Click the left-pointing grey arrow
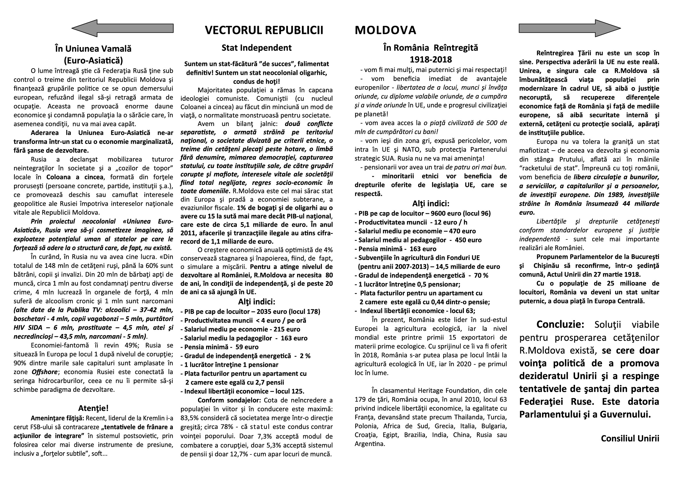(123, 28)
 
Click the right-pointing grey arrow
(570, 28)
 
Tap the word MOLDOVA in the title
(385, 30)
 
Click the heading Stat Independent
(256, 48)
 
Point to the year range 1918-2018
(431, 60)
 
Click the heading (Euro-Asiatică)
(93, 60)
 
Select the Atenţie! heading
(93, 408)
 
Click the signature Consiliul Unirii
(630, 438)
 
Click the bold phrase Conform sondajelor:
(229, 400)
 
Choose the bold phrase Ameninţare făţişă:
(57, 418)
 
